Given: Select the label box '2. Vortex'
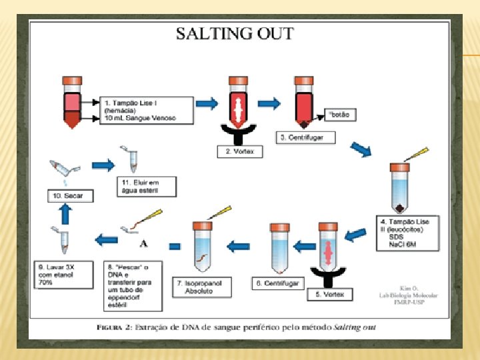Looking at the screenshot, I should [241, 151].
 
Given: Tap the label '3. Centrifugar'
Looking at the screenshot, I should [306, 137].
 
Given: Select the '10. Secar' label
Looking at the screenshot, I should [69, 196].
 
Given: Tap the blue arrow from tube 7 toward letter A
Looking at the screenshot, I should [175, 246].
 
